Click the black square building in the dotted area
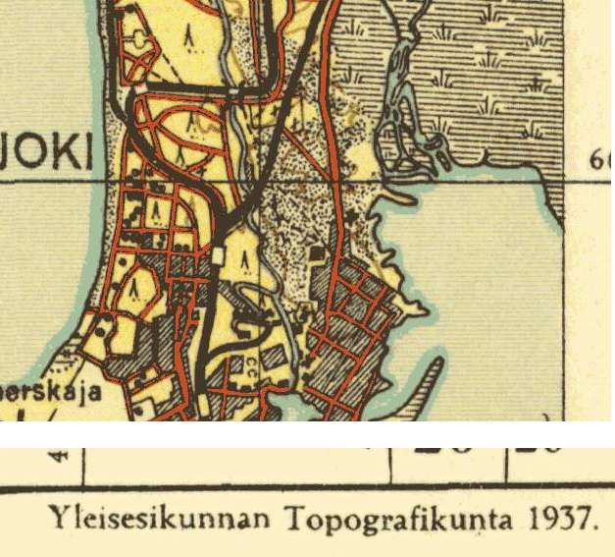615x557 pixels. (x=316, y=253)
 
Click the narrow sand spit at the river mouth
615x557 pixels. (x=403, y=197)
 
